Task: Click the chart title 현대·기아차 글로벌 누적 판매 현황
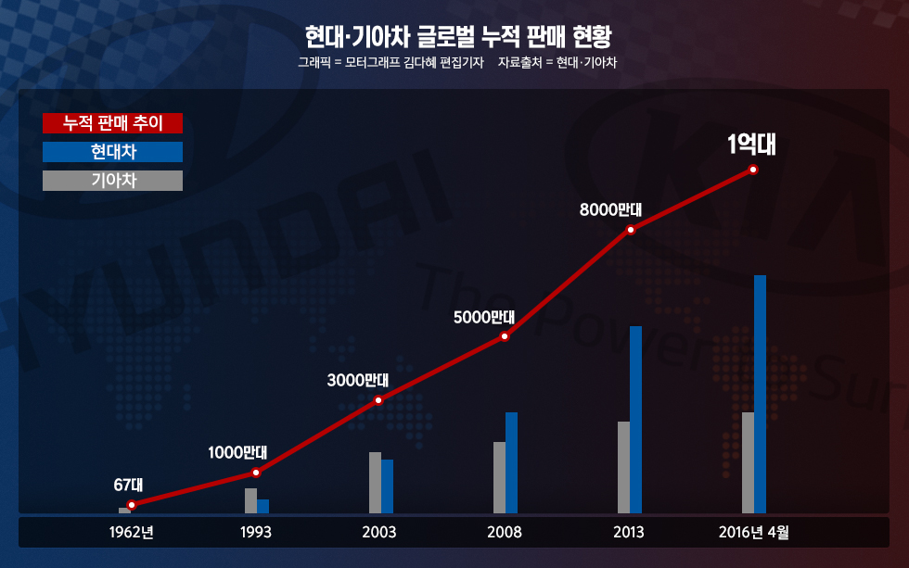pos(458,38)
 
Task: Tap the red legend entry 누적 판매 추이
pos(113,123)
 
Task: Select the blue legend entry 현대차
pos(113,152)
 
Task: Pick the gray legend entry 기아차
pos(113,181)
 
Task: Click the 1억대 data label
pos(751,145)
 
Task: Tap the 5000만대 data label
pos(484,317)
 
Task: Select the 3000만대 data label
pos(358,380)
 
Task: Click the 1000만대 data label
pos(237,453)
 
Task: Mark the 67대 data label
pos(128,484)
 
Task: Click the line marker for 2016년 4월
pos(753,170)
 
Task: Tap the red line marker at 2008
pos(505,335)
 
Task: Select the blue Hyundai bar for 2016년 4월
pos(761,394)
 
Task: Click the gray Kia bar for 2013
pos(623,467)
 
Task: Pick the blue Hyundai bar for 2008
pos(511,462)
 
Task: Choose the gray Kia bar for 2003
pos(375,482)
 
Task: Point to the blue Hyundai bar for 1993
pos(263,506)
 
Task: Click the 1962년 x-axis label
pos(131,533)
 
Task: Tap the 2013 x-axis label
pos(629,533)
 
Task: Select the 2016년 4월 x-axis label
pos(753,533)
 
